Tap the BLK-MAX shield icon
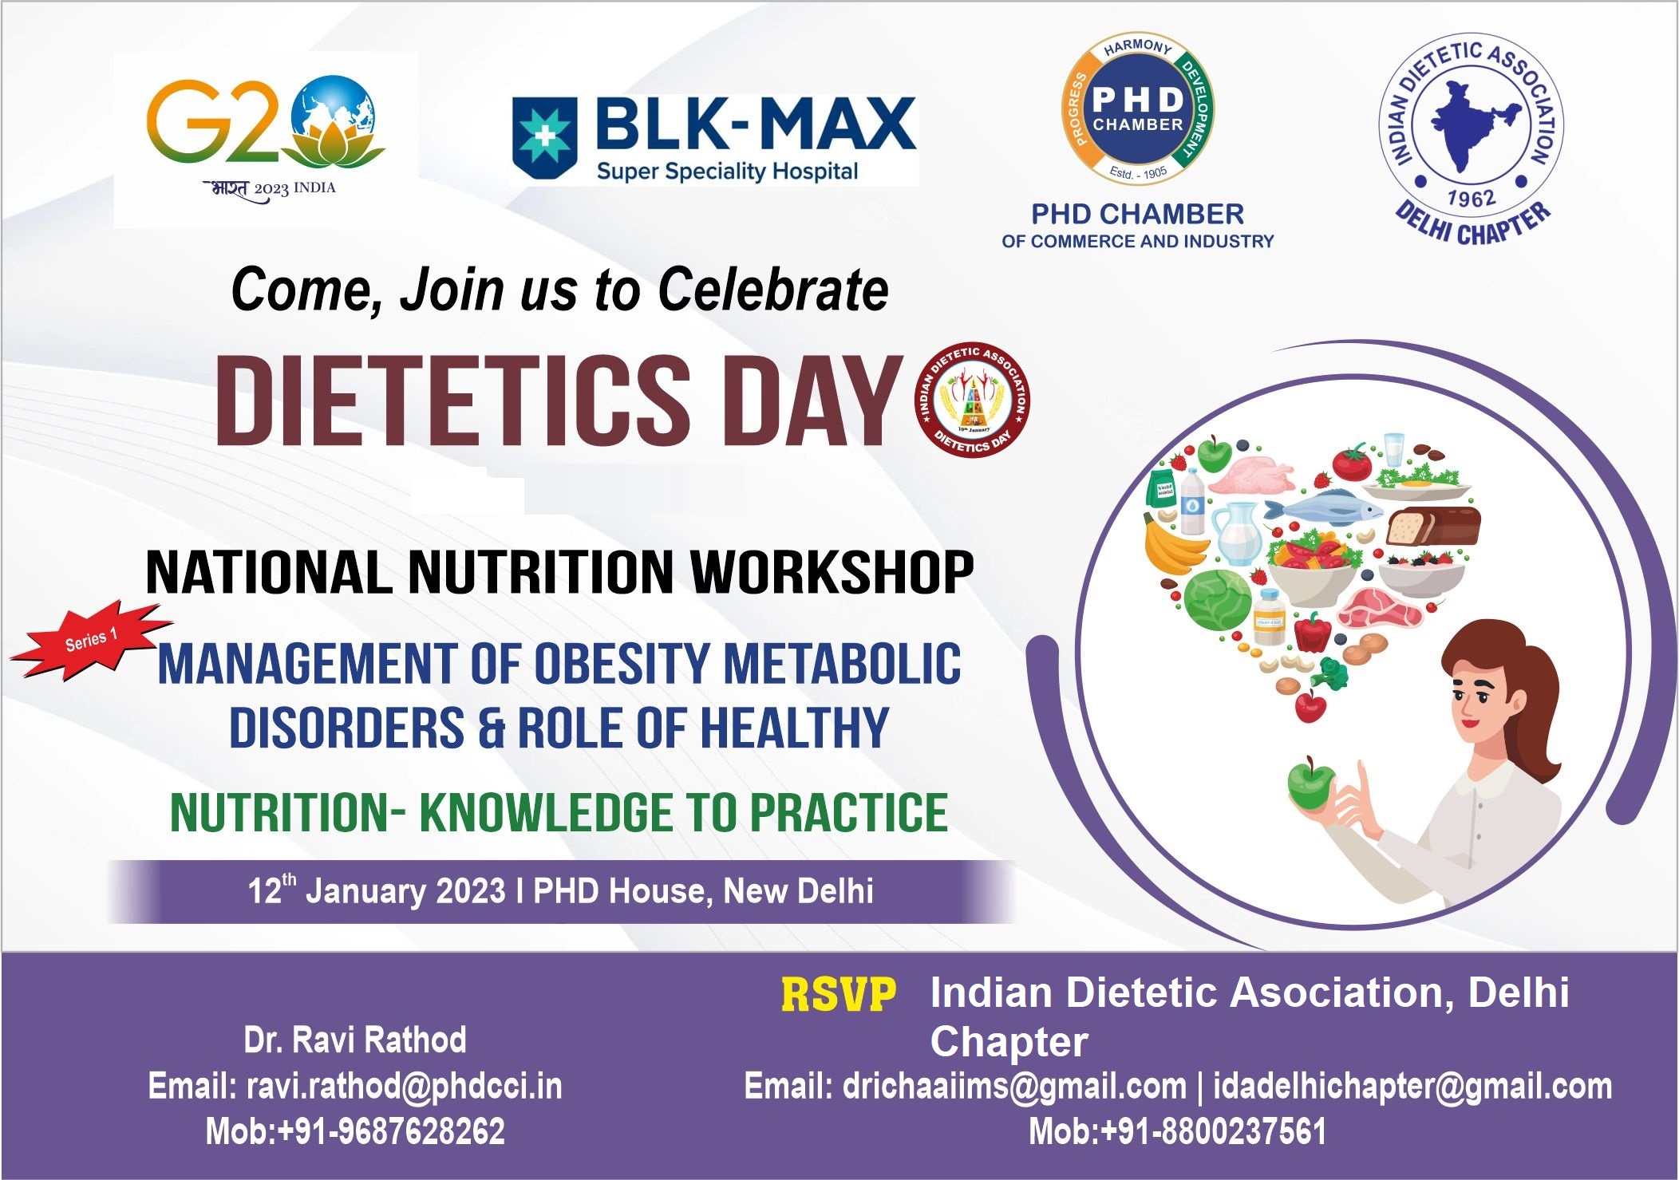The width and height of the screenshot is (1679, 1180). click(544, 138)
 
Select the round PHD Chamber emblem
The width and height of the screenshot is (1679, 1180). click(1138, 109)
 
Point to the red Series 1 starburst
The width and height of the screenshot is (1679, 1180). click(92, 639)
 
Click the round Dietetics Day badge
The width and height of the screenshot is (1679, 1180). click(973, 401)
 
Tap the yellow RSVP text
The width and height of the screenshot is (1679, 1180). click(838, 995)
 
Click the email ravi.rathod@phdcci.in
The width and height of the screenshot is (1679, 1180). click(404, 1086)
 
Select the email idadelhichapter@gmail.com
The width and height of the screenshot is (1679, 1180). click(1412, 1086)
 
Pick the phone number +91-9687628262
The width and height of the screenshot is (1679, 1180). click(391, 1131)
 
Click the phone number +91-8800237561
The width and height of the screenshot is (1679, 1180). click(1213, 1131)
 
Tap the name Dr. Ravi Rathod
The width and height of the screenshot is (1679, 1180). click(355, 1040)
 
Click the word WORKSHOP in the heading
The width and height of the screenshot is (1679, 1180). click(832, 572)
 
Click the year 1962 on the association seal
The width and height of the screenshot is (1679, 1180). click(1471, 197)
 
